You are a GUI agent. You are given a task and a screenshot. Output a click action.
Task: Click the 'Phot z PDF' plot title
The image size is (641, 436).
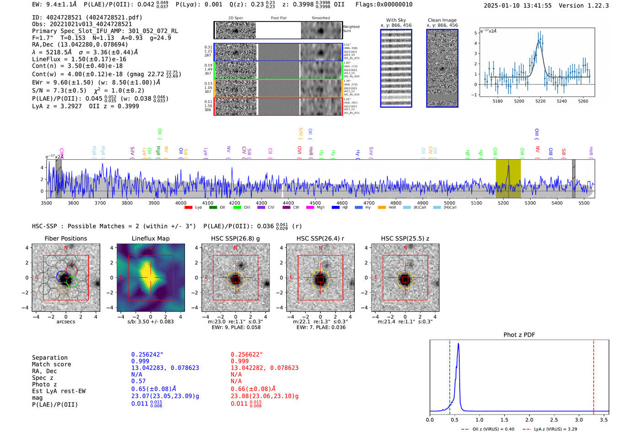coord(519,335)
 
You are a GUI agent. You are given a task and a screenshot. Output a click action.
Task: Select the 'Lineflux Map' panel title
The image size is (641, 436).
coord(151,238)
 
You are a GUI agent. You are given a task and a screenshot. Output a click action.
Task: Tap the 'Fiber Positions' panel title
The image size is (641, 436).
coord(65,238)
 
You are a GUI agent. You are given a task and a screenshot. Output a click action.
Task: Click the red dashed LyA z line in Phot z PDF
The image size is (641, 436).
coord(593,375)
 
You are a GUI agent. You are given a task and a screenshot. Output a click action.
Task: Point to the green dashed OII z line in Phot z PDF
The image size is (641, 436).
coord(450,375)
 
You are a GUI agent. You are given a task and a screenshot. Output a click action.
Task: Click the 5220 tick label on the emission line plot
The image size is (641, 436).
coord(540,101)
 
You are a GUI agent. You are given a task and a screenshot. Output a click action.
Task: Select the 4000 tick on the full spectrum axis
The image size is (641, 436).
coord(181,203)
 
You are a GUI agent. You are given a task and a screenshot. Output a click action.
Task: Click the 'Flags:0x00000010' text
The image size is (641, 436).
coord(384,5)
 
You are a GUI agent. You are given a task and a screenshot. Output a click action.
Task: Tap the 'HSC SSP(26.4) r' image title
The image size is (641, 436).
coord(320,238)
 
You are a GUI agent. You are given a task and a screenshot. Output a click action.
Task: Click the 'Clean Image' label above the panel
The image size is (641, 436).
coord(442,20)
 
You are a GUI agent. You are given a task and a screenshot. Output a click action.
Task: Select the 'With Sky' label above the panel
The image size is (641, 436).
coord(396,20)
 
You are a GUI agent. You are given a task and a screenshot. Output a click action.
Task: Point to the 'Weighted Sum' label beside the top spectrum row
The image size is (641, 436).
coord(351,29)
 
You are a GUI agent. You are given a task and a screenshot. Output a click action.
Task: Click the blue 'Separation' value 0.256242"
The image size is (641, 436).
coord(147,355)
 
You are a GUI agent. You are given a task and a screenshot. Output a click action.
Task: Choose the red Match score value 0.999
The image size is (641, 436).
coord(240,361)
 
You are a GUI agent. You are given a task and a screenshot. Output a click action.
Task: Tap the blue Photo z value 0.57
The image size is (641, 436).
coord(138,381)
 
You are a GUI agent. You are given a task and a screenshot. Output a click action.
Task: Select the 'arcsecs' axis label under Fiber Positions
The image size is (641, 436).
coord(65,322)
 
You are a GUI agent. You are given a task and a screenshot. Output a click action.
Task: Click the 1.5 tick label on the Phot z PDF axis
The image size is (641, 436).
coord(504,420)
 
